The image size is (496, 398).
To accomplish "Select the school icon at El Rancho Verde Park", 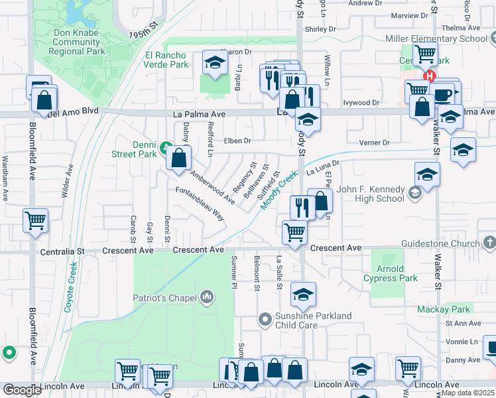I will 215,64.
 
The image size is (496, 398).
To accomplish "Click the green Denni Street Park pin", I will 165,145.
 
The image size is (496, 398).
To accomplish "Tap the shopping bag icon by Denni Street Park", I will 178,159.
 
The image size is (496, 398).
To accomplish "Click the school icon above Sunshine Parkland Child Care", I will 303,295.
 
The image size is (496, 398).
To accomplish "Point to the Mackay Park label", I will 444,309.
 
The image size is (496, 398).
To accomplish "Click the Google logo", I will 22,390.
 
